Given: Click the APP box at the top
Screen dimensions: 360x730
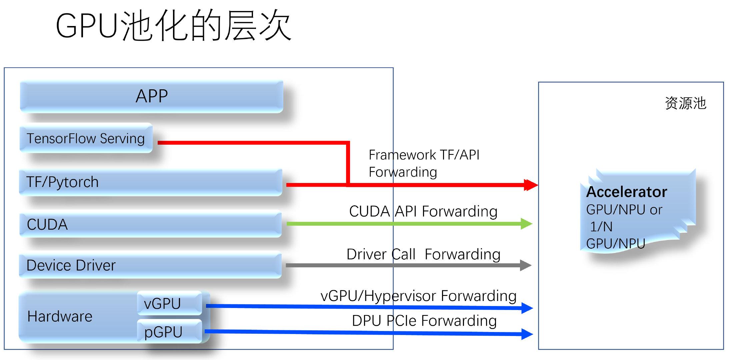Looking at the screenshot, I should click(152, 96).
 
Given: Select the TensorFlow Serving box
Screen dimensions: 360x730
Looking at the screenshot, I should click(86, 138).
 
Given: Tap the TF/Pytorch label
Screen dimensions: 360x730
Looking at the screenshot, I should click(62, 182).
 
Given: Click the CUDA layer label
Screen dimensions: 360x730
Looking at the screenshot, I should click(47, 224).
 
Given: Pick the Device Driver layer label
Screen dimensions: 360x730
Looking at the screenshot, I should click(71, 265).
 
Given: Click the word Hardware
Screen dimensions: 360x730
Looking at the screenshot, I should click(60, 316).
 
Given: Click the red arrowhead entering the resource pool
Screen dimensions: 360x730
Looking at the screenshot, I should click(531, 185).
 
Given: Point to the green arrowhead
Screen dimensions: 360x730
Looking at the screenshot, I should click(526, 224).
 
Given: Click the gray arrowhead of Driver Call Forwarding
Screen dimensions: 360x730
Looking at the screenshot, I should click(526, 265).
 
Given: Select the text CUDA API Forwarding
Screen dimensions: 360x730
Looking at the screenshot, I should click(423, 211).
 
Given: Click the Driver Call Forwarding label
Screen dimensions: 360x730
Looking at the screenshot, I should click(423, 254).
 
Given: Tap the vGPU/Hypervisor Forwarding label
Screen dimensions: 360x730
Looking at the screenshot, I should click(418, 296).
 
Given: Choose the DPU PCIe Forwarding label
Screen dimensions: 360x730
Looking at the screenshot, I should click(424, 321).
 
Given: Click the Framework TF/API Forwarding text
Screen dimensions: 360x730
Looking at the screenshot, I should click(423, 163).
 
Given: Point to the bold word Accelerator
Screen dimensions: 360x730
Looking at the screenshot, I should click(626, 192).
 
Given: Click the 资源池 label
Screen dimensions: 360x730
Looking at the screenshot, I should click(685, 103).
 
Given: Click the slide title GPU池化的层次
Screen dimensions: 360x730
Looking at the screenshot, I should click(173, 26).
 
